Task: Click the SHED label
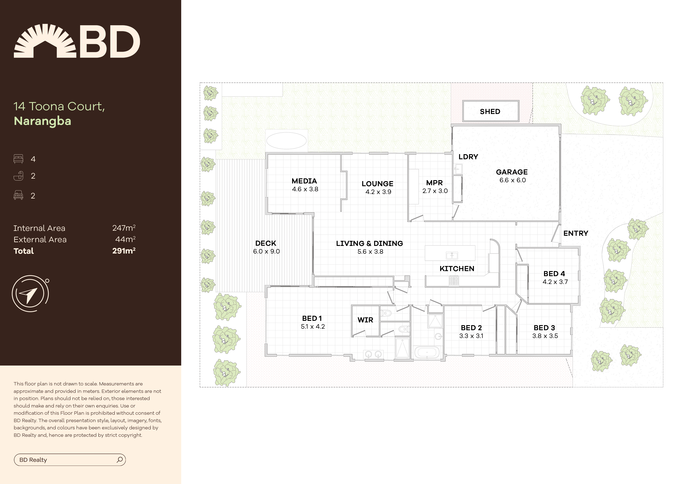point(490,111)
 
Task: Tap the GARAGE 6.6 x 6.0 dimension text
point(513,180)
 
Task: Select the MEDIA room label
point(304,181)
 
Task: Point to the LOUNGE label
point(377,184)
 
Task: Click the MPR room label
point(434,183)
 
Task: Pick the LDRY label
point(468,157)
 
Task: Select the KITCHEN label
point(457,269)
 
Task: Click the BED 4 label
point(554,274)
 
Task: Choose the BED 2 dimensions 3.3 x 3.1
point(471,336)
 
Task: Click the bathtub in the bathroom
point(427,352)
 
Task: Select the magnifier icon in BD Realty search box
point(120,460)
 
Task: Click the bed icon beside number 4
point(18,159)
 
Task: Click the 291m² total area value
point(124,251)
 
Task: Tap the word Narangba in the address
point(42,121)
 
